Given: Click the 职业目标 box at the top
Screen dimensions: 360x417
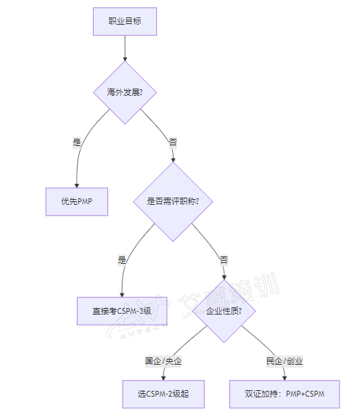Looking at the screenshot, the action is [x=125, y=21].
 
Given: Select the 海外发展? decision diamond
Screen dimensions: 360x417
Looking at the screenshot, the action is [x=125, y=92].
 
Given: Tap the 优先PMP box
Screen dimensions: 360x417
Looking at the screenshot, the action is [x=77, y=201].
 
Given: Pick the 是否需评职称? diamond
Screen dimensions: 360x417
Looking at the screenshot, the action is [x=173, y=201].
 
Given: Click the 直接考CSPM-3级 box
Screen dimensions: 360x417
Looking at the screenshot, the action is [x=122, y=311].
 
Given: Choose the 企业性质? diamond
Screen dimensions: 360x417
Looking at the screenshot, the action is [x=224, y=311].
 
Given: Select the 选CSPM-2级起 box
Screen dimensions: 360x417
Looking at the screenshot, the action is [x=163, y=394].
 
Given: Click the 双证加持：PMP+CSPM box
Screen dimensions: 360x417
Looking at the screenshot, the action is [x=285, y=394].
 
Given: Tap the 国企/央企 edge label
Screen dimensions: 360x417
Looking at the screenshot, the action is [x=163, y=361].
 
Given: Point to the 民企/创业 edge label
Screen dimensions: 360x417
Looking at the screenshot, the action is [x=285, y=361].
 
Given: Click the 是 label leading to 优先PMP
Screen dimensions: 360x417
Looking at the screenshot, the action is [x=77, y=142].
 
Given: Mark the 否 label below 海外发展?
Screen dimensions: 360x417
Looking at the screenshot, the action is [x=173, y=142].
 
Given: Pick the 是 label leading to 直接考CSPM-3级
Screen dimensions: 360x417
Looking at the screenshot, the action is [x=122, y=260].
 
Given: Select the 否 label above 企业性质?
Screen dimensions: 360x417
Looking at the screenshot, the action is [x=224, y=260].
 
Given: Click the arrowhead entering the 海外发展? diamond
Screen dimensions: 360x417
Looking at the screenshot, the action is [x=125, y=59].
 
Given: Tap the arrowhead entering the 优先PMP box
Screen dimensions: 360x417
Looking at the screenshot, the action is [x=77, y=186].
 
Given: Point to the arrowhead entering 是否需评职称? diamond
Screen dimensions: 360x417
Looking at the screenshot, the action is [x=173, y=160].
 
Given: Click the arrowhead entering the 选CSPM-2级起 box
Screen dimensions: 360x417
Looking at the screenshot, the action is [x=163, y=378].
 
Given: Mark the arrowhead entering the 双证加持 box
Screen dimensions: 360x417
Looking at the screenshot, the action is [x=285, y=378].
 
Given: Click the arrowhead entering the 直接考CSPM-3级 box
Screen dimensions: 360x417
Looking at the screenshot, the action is [x=122, y=295].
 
